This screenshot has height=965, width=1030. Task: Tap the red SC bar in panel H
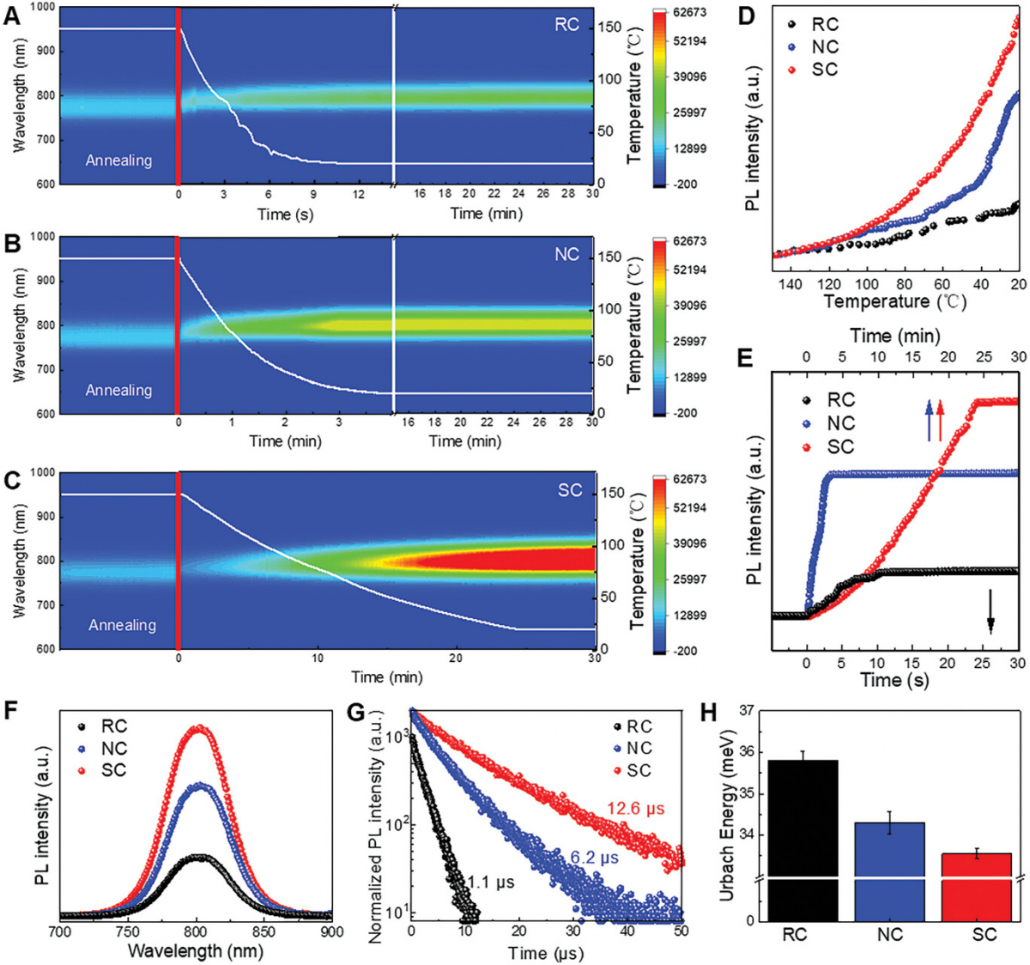(983, 884)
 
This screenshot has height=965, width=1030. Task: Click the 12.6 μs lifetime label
(636, 809)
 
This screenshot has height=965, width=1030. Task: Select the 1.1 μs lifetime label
(491, 882)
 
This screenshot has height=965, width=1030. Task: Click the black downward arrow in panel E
(991, 610)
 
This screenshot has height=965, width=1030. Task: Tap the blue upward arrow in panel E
(928, 420)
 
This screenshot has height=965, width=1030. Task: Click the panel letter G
(359, 713)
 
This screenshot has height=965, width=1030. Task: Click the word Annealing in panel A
(118, 161)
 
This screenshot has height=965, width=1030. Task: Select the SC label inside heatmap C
(570, 490)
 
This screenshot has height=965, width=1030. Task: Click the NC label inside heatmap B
(566, 255)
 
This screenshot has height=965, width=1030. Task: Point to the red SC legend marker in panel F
(82, 770)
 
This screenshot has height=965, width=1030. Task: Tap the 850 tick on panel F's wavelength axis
(264, 932)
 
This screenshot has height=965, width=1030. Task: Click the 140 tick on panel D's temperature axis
(789, 284)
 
